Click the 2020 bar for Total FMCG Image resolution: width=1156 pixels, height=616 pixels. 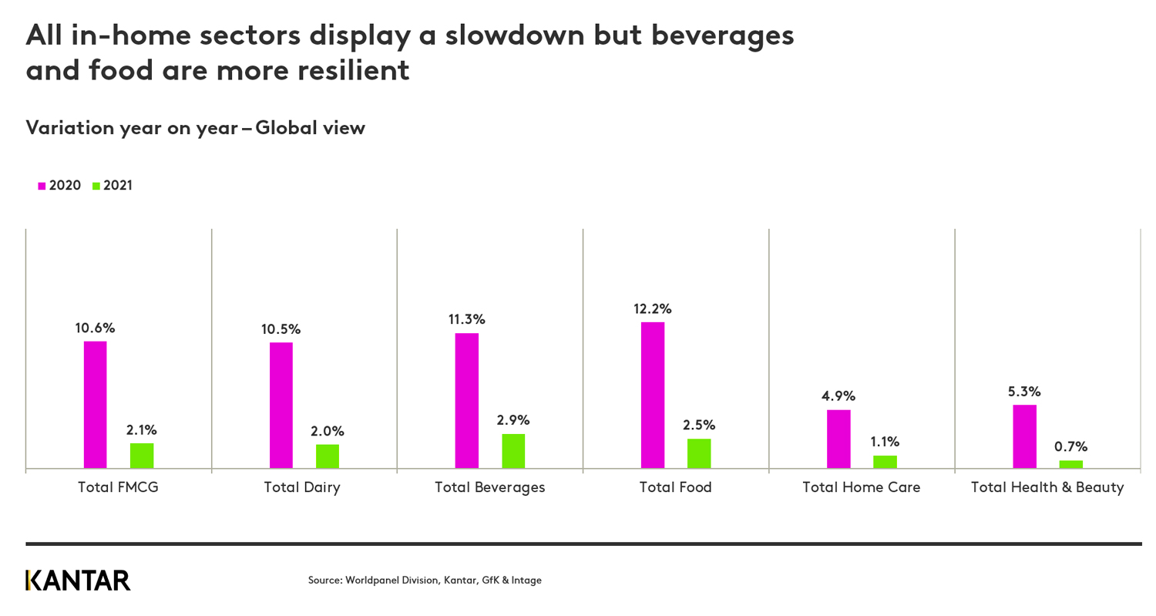(95, 404)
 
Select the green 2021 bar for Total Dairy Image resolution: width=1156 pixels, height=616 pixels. (327, 456)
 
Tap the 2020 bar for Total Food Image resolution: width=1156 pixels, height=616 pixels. (652, 395)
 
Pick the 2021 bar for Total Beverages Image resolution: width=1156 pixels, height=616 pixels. (513, 450)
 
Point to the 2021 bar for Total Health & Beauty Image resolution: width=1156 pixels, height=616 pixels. (1070, 463)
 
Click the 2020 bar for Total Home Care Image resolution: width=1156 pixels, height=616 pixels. (838, 439)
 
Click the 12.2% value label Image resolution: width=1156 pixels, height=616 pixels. (652, 308)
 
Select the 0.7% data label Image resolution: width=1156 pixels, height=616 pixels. (1070, 446)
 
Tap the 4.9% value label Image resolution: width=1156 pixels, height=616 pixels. (838, 396)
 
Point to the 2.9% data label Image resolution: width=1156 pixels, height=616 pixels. (513, 420)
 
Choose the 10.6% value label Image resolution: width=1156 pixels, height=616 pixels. (95, 328)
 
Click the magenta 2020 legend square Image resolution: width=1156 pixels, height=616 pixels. (42, 186)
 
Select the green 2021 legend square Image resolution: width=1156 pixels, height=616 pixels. (96, 186)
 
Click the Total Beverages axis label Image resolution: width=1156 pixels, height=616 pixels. (489, 487)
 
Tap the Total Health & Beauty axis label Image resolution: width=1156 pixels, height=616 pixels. (1047, 487)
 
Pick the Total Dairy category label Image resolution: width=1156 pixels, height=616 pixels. (301, 487)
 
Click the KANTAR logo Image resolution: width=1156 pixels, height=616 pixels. (78, 581)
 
